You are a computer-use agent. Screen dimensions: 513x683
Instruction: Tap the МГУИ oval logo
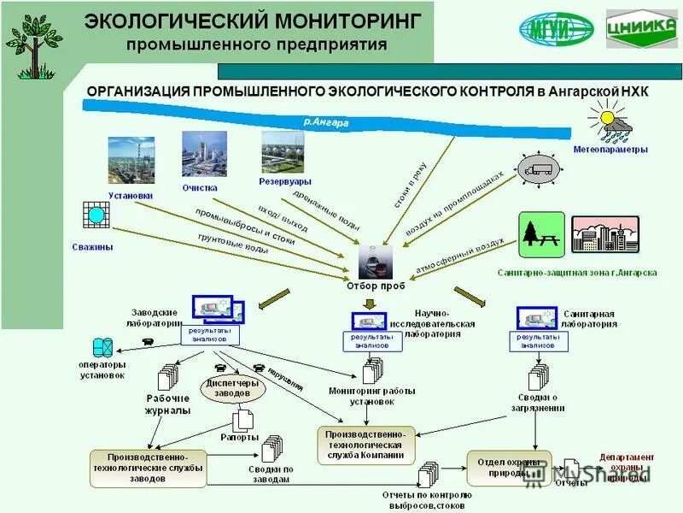556,30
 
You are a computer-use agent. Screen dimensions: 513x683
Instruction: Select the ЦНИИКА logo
641,30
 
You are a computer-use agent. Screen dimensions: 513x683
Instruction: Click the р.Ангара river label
325,122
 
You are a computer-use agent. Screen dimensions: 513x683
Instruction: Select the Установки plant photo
131,160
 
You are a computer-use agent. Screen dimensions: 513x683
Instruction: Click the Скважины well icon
95,215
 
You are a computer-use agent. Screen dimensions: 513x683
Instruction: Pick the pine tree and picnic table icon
540,234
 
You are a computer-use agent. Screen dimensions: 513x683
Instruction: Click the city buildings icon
604,233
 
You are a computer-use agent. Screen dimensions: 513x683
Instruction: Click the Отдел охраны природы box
503,467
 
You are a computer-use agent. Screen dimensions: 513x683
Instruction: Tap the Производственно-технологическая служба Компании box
365,445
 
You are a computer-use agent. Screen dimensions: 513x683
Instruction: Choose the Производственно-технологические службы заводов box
149,468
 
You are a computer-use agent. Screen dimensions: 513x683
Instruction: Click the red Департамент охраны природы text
627,467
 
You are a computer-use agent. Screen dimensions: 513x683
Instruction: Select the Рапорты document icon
243,420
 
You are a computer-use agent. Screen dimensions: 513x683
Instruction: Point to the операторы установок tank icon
103,347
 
